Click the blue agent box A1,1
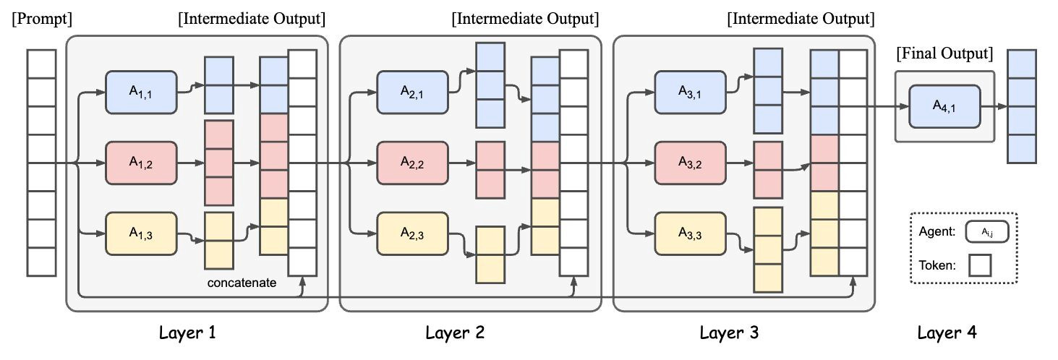pos(141,92)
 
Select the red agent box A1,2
pos(141,163)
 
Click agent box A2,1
pos(412,92)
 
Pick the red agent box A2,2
pos(412,163)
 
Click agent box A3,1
pos(689,92)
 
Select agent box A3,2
pos(689,163)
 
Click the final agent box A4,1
pos(944,106)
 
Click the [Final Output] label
pos(944,53)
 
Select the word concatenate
pos(242,283)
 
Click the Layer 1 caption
pos(187,333)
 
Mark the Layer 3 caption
pos(729,333)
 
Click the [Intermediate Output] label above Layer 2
pos(524,17)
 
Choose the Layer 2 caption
pos(455,333)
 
